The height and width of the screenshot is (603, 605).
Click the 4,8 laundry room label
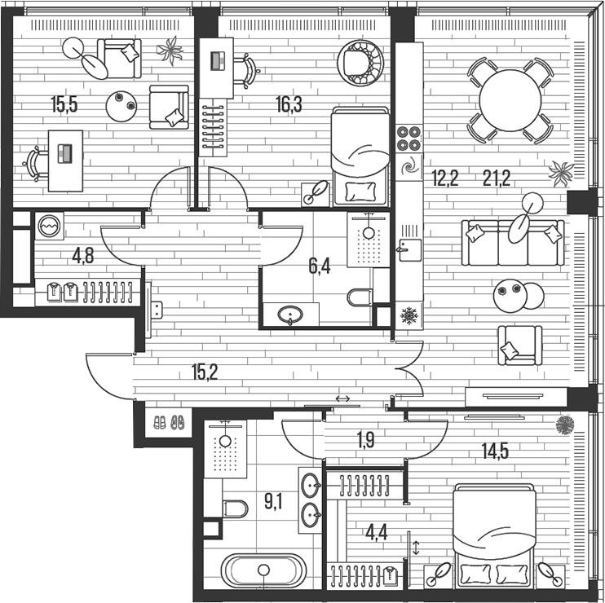point(82,256)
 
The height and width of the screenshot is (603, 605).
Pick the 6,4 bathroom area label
point(319,266)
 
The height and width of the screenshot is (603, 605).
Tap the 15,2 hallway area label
point(205,372)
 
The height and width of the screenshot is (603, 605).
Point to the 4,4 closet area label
point(377,533)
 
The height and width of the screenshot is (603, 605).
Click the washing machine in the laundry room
point(48,226)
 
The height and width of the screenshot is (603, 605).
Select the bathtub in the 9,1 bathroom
point(263,571)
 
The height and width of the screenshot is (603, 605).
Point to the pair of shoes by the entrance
point(170,423)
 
